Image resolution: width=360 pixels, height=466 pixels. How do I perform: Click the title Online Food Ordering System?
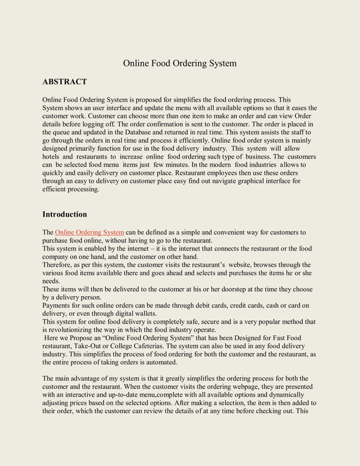(x=179, y=63)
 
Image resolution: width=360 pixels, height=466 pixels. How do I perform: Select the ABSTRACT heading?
(x=64, y=82)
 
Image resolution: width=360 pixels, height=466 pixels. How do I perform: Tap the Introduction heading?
(x=65, y=214)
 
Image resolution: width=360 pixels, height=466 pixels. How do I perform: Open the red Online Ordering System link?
(x=89, y=232)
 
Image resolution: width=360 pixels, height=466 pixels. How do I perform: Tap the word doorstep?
(x=221, y=289)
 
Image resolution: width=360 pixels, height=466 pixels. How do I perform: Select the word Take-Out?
(x=93, y=346)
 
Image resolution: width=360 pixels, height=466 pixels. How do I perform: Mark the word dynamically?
(x=285, y=395)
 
